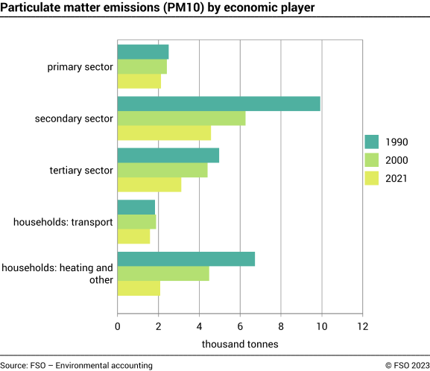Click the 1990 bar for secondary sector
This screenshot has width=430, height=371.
point(219,104)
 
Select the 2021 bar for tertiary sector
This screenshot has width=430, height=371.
point(149,185)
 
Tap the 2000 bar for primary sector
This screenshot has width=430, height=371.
point(142,66)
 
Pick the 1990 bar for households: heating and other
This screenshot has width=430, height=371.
point(186,259)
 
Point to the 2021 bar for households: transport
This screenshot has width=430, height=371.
point(134,236)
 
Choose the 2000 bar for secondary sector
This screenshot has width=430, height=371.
point(181,118)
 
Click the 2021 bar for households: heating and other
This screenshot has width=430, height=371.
point(139,288)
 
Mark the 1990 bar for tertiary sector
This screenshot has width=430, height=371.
point(168,155)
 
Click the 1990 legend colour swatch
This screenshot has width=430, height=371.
point(373,142)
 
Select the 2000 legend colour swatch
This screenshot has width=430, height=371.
point(373,160)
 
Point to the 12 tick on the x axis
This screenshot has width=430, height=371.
point(362,326)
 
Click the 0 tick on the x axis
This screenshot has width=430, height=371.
point(118,326)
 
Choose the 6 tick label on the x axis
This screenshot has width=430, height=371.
point(240,326)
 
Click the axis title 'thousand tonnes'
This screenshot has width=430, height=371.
point(240,344)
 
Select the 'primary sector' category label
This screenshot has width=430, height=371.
point(80,66)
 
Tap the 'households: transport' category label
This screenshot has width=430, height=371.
point(63,221)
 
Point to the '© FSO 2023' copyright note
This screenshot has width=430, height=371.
point(407,365)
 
